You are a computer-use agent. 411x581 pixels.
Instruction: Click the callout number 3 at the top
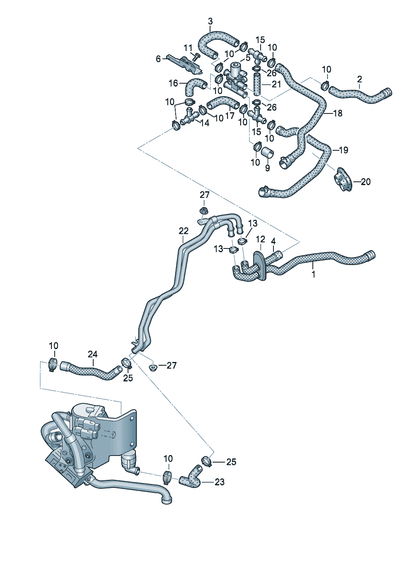[x=210, y=21]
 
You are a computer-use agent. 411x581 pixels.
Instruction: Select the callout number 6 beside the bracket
[x=158, y=59]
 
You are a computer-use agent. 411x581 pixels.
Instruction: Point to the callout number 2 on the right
[x=359, y=79]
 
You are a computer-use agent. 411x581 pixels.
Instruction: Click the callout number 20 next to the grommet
[x=365, y=181]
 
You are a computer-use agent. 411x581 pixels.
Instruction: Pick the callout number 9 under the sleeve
[x=267, y=168]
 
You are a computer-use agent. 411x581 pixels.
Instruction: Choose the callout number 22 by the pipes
[x=184, y=231]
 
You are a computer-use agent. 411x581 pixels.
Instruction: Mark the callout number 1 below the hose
[x=314, y=274]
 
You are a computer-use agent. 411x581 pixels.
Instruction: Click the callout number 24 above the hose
[x=93, y=354]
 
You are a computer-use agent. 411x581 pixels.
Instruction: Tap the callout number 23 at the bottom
[x=220, y=482]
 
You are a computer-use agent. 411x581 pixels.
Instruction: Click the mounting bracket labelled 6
[x=181, y=62]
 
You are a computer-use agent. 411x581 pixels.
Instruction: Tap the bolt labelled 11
[x=196, y=55]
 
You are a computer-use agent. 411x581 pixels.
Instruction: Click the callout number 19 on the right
[x=343, y=150]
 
